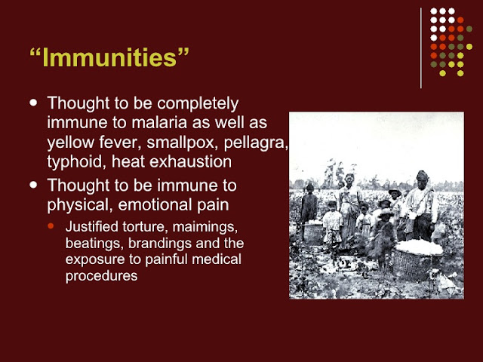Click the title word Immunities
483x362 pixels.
coord(109,57)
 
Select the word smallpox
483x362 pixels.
coord(183,143)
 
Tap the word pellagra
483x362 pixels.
coord(256,143)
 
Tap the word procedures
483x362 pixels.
coord(101,276)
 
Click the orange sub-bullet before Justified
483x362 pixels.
coord(51,226)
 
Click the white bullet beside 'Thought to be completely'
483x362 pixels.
coord(33,103)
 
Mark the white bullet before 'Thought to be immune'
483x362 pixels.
coord(33,185)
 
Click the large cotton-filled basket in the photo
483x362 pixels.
coord(418,259)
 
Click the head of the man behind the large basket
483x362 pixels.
coord(422,178)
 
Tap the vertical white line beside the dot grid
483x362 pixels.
coord(421,48)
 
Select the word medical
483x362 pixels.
coord(217,259)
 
